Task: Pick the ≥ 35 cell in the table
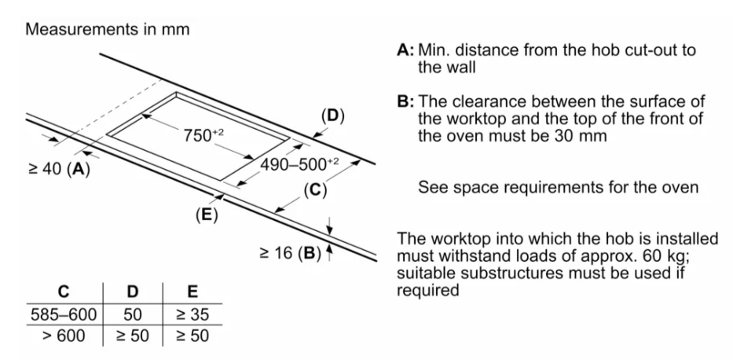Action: coord(191,314)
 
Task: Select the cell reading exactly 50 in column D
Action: coord(132,314)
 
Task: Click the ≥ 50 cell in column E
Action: coord(191,335)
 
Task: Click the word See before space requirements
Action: coord(432,189)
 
